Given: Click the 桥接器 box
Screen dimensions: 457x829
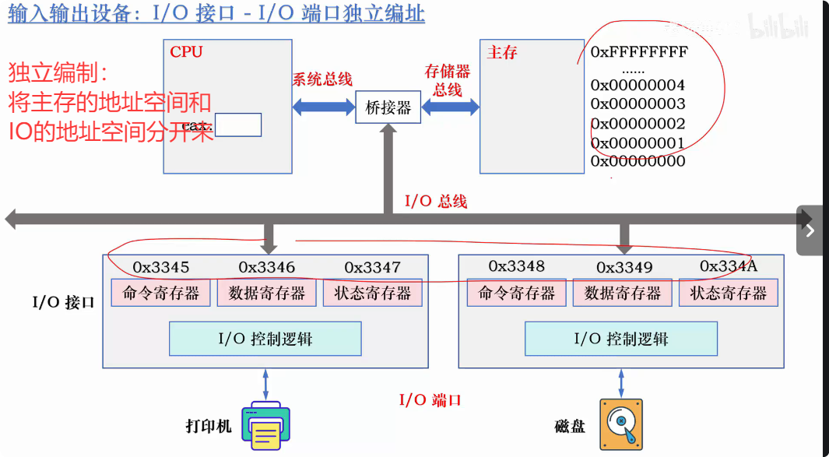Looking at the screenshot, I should click(x=388, y=107).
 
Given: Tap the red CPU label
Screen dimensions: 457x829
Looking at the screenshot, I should click(x=186, y=52).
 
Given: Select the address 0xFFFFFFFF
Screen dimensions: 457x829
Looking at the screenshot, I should click(x=639, y=52).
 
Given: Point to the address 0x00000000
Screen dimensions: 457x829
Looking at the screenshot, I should click(x=638, y=161).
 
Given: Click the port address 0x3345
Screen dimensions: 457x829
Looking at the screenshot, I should click(x=161, y=267).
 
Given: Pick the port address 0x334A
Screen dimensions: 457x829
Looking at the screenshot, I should click(x=729, y=266).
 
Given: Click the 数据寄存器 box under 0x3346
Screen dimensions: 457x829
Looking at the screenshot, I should click(x=267, y=293).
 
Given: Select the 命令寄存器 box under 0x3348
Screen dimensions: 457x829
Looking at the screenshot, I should click(x=517, y=293).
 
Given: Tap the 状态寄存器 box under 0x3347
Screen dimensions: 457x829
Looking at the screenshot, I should click(x=372, y=293).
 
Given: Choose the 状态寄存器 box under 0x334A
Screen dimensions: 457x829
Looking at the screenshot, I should click(x=729, y=293).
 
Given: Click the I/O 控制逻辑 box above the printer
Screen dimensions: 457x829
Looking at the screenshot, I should click(x=265, y=339).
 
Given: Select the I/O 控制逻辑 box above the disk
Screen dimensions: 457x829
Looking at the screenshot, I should click(x=621, y=339).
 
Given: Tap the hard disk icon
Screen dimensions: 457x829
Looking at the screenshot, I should click(x=621, y=425).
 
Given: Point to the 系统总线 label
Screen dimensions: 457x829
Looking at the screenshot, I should click(x=322, y=79).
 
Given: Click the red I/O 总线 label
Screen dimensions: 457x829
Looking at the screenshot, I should click(x=436, y=202).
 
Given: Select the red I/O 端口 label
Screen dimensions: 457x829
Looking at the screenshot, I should click(x=430, y=400).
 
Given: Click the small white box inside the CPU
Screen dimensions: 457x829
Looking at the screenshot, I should click(x=238, y=125).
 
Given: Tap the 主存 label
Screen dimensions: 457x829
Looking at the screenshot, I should click(x=502, y=52).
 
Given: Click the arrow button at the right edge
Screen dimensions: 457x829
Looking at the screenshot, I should click(x=810, y=230).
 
